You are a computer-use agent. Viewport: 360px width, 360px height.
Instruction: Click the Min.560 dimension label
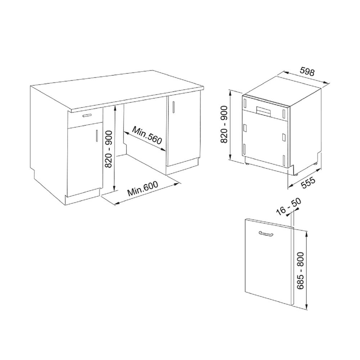click(x=147, y=136)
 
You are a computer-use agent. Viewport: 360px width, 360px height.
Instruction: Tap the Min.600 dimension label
click(x=143, y=188)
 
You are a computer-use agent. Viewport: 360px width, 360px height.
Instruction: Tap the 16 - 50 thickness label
click(x=288, y=207)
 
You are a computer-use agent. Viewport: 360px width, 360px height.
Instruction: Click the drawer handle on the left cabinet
click(x=87, y=115)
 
